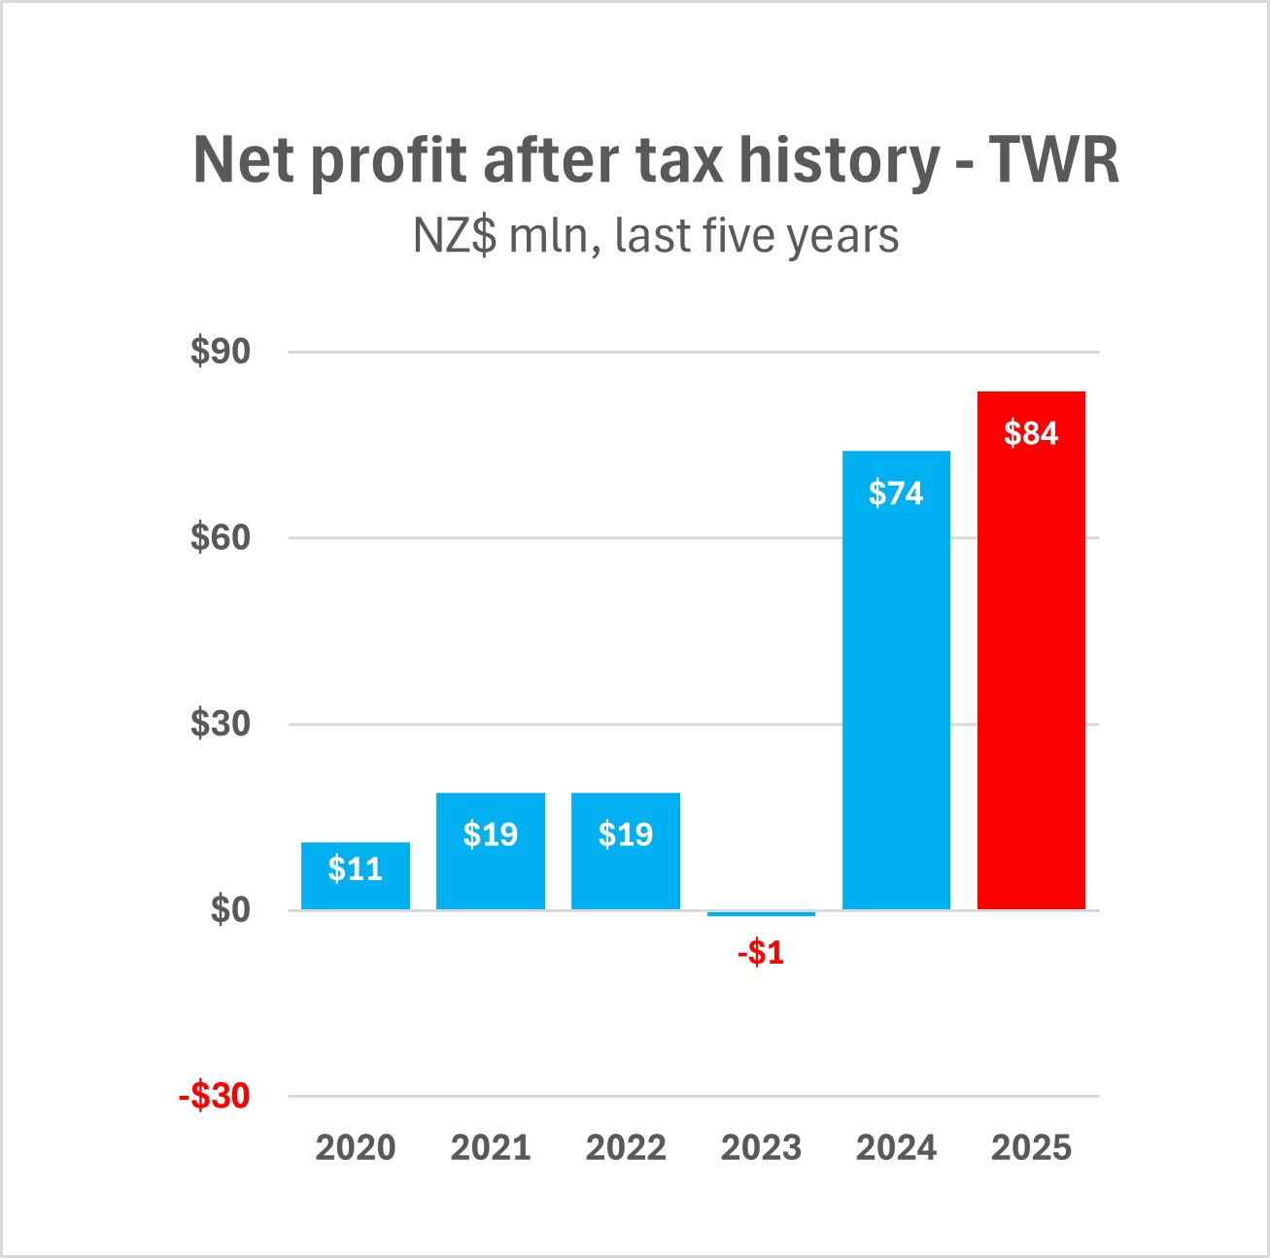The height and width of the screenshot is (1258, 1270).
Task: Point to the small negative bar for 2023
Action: (x=761, y=913)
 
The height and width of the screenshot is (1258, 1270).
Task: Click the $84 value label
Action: (x=1031, y=433)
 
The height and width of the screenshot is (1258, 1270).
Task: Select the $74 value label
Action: (x=896, y=493)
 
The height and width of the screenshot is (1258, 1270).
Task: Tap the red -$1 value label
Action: (x=761, y=953)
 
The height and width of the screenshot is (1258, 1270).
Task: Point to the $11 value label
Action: (x=356, y=868)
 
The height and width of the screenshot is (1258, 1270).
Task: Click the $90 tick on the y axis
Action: (x=221, y=352)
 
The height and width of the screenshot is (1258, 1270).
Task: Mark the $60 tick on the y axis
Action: (x=221, y=537)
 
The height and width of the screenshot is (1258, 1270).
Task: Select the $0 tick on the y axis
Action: (x=230, y=910)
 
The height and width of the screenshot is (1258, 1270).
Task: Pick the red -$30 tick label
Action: (x=215, y=1096)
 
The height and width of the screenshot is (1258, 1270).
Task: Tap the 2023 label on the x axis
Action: (x=761, y=1147)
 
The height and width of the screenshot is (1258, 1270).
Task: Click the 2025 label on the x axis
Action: (x=1031, y=1147)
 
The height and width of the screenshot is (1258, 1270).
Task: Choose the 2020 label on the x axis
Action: (x=356, y=1147)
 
